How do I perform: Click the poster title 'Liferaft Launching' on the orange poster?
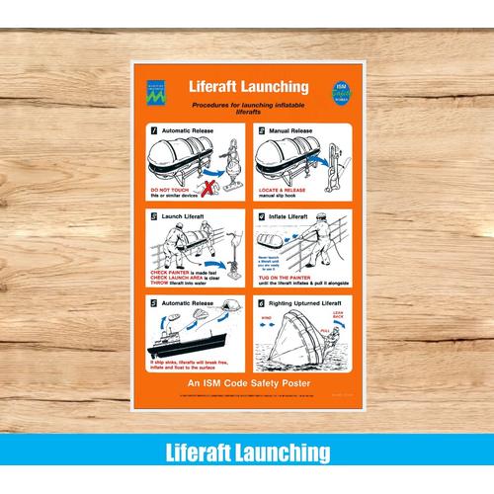coord(247,87)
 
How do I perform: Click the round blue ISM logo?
coord(340,91)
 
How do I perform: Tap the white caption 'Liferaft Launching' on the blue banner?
coord(247,453)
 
